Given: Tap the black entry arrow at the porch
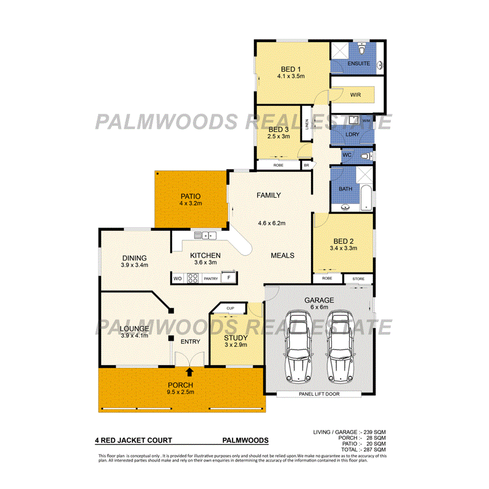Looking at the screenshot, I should pos(189,371).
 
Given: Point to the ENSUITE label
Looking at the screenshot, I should pos(359,63).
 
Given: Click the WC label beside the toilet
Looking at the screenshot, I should pos(346,156).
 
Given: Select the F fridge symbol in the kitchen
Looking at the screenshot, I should pos(228,277).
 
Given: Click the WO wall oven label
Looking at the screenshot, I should pos(178,279).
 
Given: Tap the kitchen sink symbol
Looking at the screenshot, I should pos(202,235).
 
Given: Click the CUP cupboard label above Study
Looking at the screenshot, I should pos(230,308).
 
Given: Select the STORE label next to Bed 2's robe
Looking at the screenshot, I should pos(358,278).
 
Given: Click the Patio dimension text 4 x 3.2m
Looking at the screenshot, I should pos(191,203).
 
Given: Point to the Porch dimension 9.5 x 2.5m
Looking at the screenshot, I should pos(181,391).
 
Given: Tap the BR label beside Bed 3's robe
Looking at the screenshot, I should pos(306,165).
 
